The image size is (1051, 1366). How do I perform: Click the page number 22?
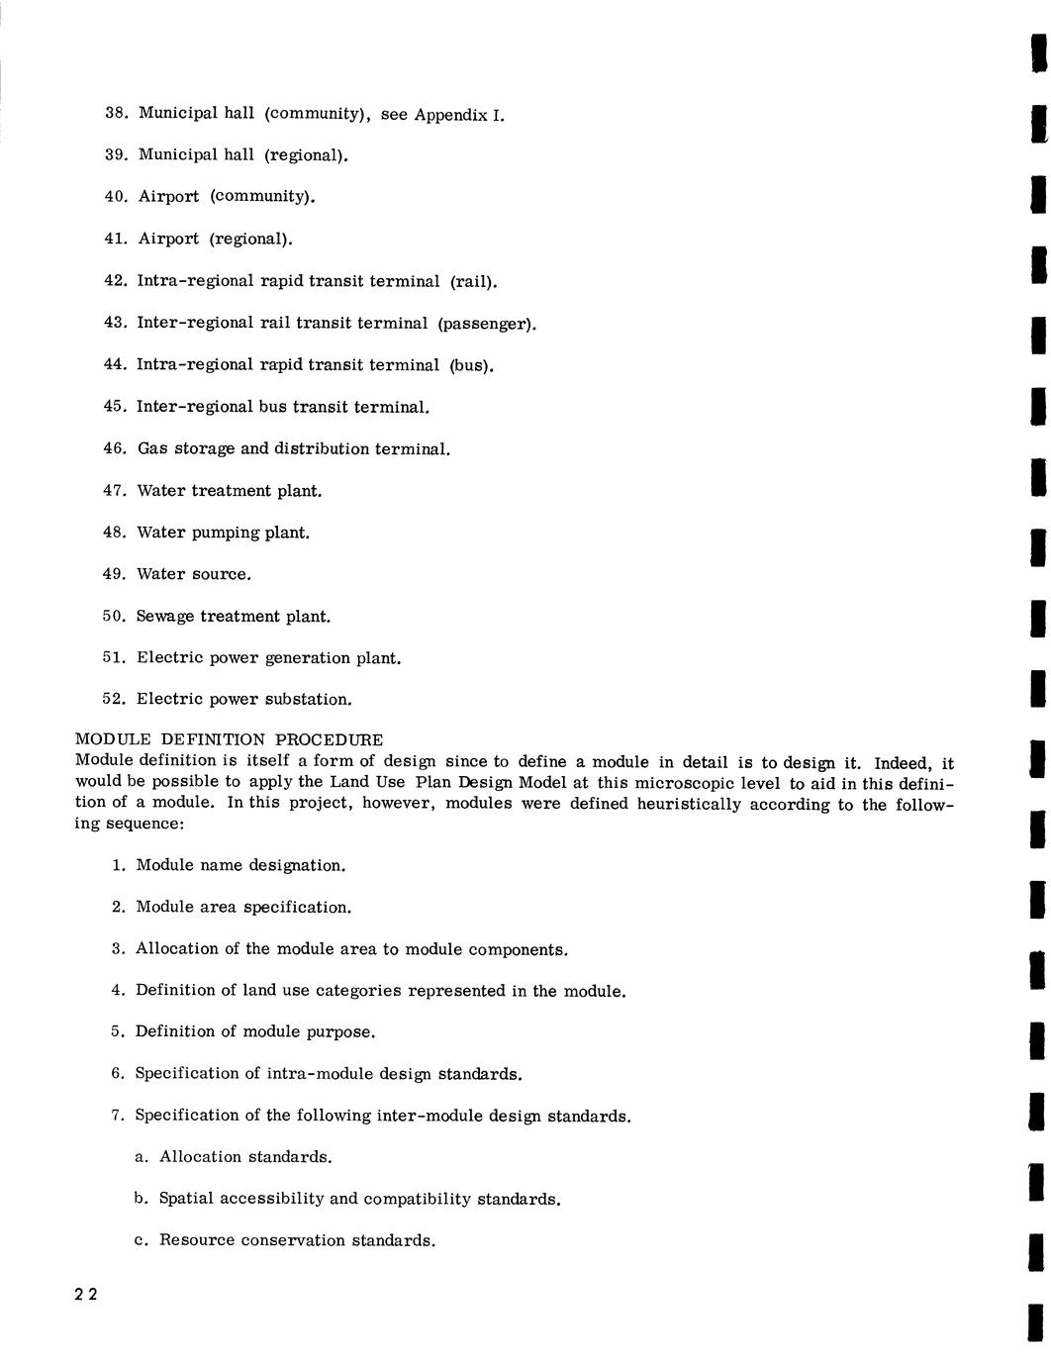click(x=85, y=1296)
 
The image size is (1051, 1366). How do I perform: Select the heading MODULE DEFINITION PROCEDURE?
click(x=229, y=740)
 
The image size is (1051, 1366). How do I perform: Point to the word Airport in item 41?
click(x=168, y=240)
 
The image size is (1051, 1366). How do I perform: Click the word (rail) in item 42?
click(x=473, y=282)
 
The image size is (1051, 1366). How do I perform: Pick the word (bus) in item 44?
click(x=471, y=365)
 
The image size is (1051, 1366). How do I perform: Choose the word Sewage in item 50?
click(x=165, y=617)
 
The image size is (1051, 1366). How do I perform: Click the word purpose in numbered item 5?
click(x=339, y=1032)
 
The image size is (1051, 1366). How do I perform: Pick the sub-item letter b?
click(x=141, y=1199)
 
